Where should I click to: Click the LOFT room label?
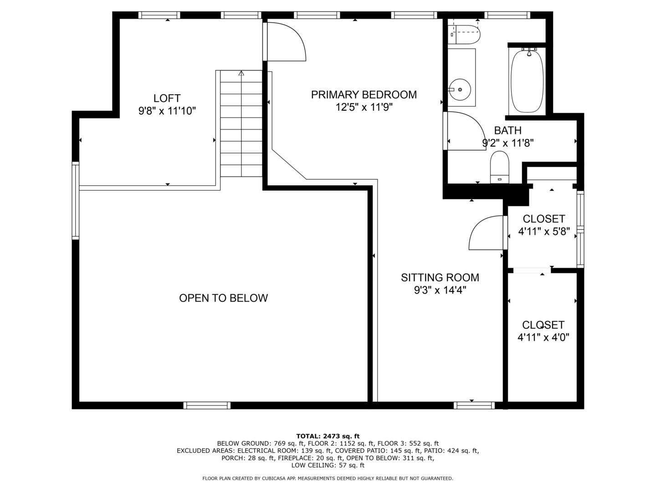point(167,98)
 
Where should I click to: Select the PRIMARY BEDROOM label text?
point(364,94)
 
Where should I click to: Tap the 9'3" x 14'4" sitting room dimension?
point(440,290)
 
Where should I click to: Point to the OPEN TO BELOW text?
point(223,298)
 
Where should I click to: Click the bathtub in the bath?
point(527,81)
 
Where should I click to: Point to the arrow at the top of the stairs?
point(241,73)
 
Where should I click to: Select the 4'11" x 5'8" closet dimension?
point(544,231)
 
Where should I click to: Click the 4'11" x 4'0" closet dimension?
point(543,338)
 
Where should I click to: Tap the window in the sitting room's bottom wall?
point(474,405)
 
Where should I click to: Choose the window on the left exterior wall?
point(76,200)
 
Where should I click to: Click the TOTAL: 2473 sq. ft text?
point(328,436)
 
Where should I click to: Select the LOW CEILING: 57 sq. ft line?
point(328,465)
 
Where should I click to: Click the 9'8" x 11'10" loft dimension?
point(167,111)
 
